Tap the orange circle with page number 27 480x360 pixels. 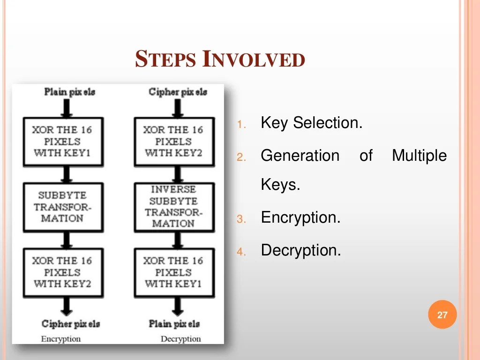pyautogui.click(x=442, y=315)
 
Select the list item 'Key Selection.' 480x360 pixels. pyautogui.click(x=311, y=123)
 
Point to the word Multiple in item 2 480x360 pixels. pyautogui.click(x=419, y=156)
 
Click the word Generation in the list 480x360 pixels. pyautogui.click(x=300, y=156)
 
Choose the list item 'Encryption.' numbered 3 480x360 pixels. pyautogui.click(x=300, y=217)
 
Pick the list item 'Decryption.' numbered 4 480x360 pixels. pyautogui.click(x=301, y=250)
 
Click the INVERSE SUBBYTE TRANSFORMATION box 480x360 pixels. pyautogui.click(x=174, y=207)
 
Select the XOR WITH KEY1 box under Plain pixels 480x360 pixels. pyautogui.click(x=63, y=141)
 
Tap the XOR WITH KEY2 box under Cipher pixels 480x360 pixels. pyautogui.click(x=174, y=141)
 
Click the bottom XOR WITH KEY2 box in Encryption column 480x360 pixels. pyautogui.click(x=63, y=272)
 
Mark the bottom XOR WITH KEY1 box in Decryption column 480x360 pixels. pyautogui.click(x=174, y=272)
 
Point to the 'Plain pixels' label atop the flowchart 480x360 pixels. pyautogui.click(x=69, y=92)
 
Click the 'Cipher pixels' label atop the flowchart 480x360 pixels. pyautogui.click(x=178, y=92)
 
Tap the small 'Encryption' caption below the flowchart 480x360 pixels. pyautogui.click(x=61, y=339)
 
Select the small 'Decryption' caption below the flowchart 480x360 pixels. pyautogui.click(x=180, y=339)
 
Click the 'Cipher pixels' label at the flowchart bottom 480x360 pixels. pyautogui.click(x=70, y=324)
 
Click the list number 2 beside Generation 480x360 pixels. pyautogui.click(x=241, y=157)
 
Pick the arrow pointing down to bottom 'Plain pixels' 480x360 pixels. pyautogui.click(x=177, y=307)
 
